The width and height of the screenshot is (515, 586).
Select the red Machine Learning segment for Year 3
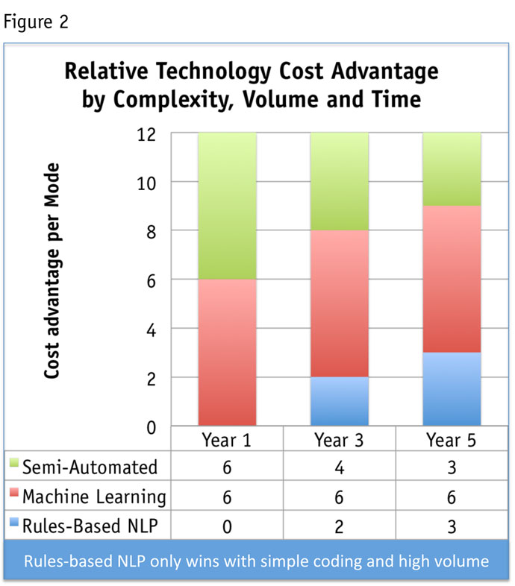[x=340, y=303]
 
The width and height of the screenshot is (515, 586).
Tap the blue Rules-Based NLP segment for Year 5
[x=452, y=389]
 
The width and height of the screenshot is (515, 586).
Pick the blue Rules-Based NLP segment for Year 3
[x=340, y=402]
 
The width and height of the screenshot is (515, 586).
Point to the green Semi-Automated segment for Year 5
[x=452, y=169]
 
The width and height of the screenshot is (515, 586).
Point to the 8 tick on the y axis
[x=149, y=232]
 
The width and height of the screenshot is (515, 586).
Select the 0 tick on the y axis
[x=149, y=427]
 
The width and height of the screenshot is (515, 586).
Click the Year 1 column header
[x=227, y=439]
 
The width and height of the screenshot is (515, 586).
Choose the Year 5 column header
[x=452, y=439]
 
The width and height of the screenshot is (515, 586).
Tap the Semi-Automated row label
[x=90, y=467]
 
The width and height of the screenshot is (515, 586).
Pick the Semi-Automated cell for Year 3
[x=340, y=467]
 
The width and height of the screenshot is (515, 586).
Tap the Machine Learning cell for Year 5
[x=452, y=496]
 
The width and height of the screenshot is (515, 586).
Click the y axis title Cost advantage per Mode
[x=52, y=271]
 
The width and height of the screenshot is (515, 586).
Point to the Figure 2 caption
[x=37, y=21]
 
